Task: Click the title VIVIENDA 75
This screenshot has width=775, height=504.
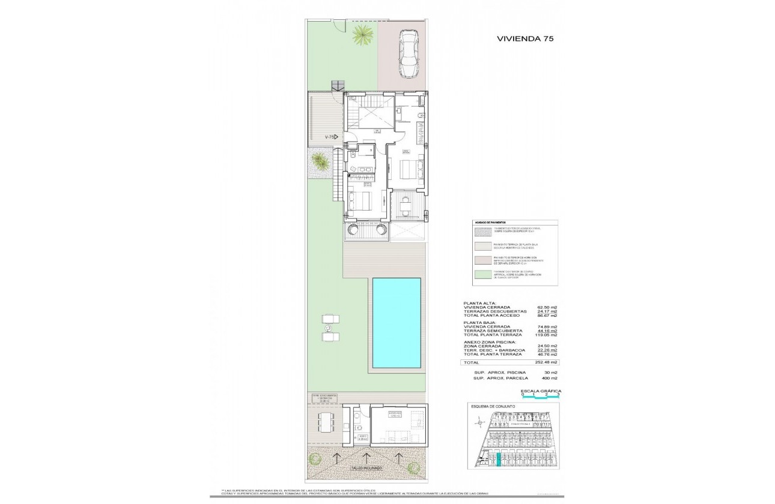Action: [x=524, y=38]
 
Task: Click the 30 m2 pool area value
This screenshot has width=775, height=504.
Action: [x=551, y=372]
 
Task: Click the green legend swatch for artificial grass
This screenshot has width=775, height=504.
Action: [x=480, y=275]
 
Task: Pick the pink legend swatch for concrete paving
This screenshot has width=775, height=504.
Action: [x=480, y=260]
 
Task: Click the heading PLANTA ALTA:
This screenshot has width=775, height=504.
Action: [x=480, y=303]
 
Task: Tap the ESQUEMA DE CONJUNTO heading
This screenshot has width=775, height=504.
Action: [x=493, y=406]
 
